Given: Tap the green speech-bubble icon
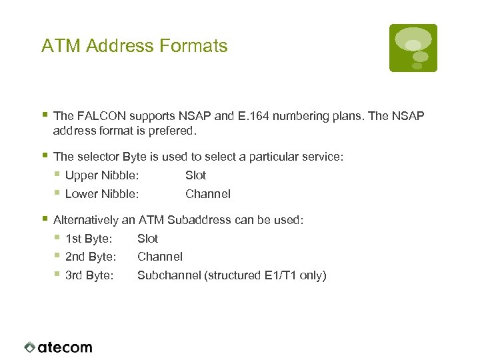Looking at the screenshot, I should [x=413, y=48].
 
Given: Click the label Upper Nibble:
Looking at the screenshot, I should [x=102, y=175].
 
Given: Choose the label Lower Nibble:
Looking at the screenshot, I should [x=102, y=194].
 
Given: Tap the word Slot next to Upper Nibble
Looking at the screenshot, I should [x=195, y=175].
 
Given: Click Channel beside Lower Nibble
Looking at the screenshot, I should [x=208, y=194].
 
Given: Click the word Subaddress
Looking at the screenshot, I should [x=199, y=219].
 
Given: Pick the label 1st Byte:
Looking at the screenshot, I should [x=89, y=238].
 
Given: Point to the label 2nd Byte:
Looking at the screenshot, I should [x=91, y=257].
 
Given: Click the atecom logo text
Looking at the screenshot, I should [x=65, y=347].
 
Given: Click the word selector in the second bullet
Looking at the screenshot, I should [x=98, y=157].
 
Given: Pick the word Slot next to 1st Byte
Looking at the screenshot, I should [x=147, y=238].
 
